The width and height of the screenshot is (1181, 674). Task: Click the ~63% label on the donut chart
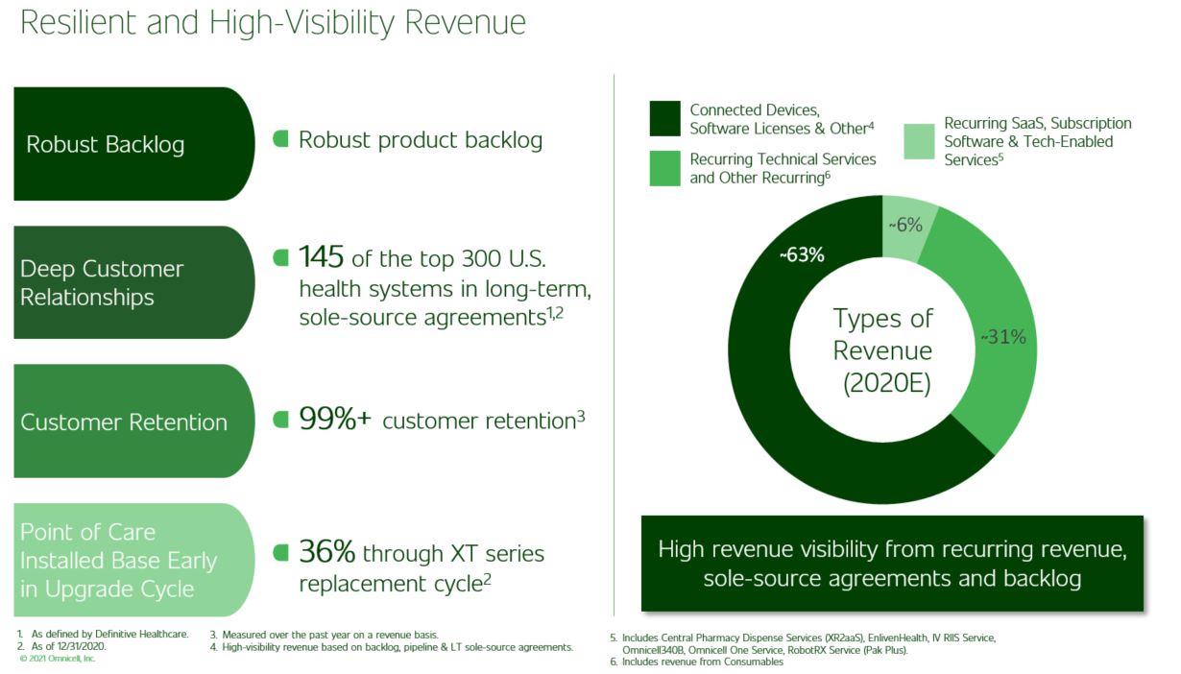pos(802,255)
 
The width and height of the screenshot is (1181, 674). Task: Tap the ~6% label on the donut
pos(905,226)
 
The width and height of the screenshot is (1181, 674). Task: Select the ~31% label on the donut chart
pos(1003,337)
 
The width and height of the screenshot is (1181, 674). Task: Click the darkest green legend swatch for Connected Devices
pos(664,119)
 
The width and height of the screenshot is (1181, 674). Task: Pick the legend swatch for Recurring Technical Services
pos(664,169)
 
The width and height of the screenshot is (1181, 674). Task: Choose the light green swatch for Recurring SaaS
pos(919,141)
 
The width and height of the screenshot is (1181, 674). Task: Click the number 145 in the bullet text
pos(321,257)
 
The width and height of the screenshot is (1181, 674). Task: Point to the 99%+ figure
pos(335,419)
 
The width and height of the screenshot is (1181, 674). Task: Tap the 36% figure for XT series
pos(326,552)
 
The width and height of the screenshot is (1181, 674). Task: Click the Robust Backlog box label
pos(106,145)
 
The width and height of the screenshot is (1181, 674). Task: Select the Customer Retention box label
pos(124,422)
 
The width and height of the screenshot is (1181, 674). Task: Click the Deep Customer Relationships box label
pos(102,283)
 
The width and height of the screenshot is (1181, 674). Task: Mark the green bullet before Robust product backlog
pos(280,139)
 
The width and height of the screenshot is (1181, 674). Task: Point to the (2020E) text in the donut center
pos(887,383)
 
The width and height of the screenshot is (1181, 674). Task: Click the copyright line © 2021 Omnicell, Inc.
pos(58,659)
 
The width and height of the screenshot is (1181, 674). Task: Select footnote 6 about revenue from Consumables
pos(696,662)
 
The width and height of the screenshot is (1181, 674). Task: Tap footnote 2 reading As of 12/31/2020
pos(61,646)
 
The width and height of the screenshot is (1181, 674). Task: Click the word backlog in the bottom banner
pos(1043,579)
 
